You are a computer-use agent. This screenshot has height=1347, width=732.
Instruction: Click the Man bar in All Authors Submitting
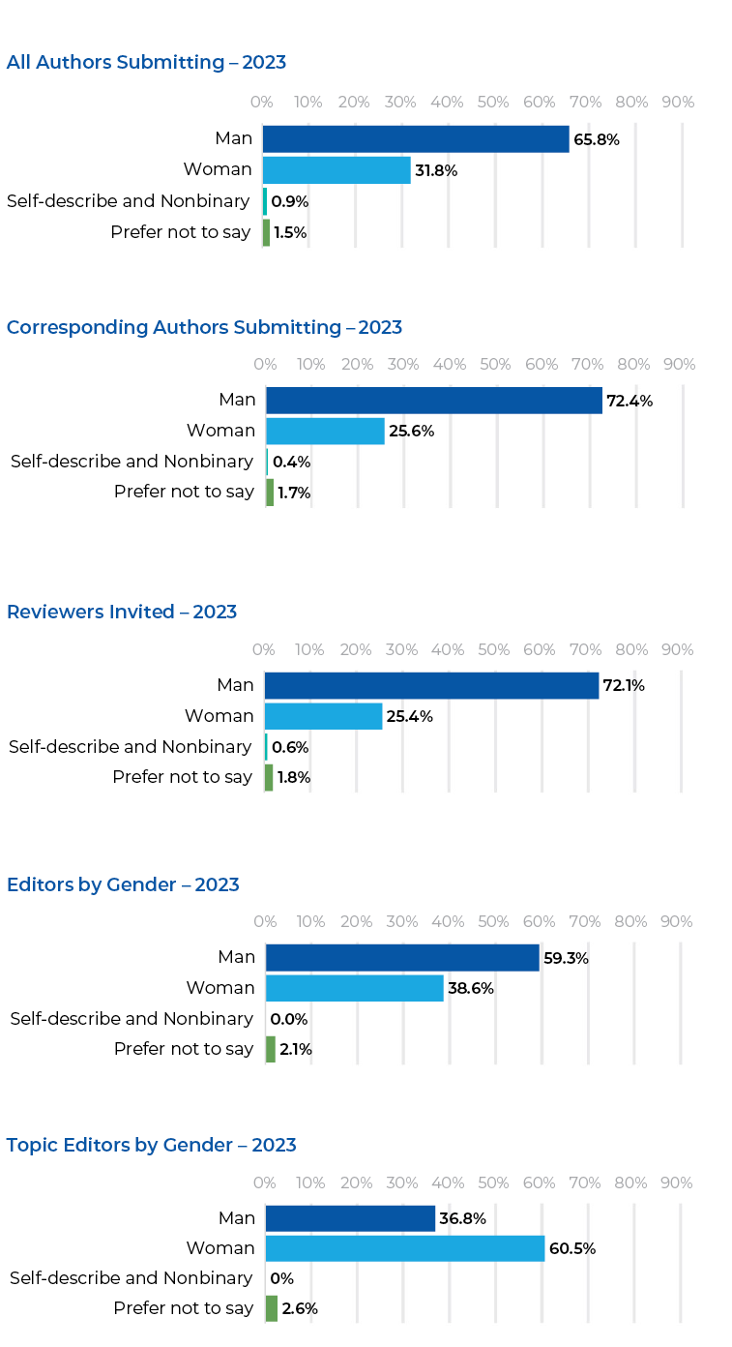pos(416,139)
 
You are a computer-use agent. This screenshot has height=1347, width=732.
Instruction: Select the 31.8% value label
pos(436,171)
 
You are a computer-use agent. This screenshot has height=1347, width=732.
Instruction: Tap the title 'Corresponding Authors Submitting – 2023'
pos(204,327)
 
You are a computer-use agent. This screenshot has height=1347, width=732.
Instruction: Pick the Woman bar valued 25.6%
pos(325,431)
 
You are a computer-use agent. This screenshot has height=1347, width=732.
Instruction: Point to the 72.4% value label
pos(630,401)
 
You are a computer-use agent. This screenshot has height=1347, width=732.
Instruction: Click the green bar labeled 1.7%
pos(270,493)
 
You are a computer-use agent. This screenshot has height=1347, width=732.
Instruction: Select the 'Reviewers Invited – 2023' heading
pos(122,612)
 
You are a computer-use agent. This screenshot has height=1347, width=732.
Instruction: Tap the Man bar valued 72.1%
pos(431,685)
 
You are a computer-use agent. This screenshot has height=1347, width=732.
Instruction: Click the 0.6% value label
pos(290,747)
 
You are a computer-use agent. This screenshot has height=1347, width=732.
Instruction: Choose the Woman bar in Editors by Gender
pos(354,988)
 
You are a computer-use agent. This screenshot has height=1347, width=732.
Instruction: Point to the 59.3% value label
pos(566,959)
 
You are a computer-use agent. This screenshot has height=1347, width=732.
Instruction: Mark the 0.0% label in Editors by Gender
pos(289,1019)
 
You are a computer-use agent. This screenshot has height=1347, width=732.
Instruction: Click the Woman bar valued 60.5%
pos(405,1248)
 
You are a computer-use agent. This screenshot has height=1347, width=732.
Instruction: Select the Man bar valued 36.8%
pos(350,1218)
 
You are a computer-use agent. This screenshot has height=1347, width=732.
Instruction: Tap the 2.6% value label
pos(300,1309)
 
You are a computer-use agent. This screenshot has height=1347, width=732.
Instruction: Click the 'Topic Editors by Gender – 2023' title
pos(151,1145)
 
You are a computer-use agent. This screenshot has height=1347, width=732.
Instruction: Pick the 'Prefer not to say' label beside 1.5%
pos(181,232)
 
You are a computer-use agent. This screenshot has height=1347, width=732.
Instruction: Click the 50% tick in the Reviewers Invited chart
pos(493,650)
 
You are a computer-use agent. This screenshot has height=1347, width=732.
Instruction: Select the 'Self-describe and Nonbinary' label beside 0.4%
pos(132,462)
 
